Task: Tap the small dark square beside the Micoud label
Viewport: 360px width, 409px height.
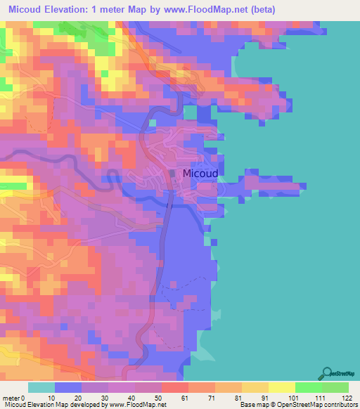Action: click(173, 173)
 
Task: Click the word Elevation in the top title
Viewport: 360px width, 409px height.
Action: click(63, 10)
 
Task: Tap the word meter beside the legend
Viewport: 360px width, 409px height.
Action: click(11, 397)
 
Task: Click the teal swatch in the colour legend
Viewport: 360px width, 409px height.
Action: click(41, 387)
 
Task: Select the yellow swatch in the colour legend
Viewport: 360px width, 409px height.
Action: click(282, 387)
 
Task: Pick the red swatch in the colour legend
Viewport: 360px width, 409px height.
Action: click(174, 387)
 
